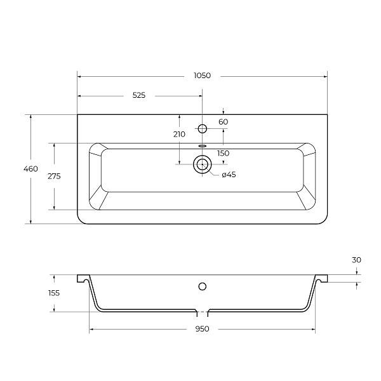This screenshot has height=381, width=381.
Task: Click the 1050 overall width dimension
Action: click(x=202, y=76)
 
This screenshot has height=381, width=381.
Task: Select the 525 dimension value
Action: click(x=139, y=95)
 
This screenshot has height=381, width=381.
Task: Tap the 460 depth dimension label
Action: click(x=30, y=169)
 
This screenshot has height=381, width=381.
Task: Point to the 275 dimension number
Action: click(x=54, y=176)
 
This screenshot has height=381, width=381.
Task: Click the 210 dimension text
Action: click(x=179, y=134)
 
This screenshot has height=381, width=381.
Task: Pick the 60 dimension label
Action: click(x=224, y=122)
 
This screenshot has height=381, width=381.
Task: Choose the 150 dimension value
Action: click(x=224, y=153)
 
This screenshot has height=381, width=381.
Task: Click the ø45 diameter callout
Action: click(x=229, y=175)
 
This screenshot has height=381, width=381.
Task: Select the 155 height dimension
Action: click(x=54, y=293)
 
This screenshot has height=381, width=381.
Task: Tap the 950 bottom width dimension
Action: click(x=202, y=329)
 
